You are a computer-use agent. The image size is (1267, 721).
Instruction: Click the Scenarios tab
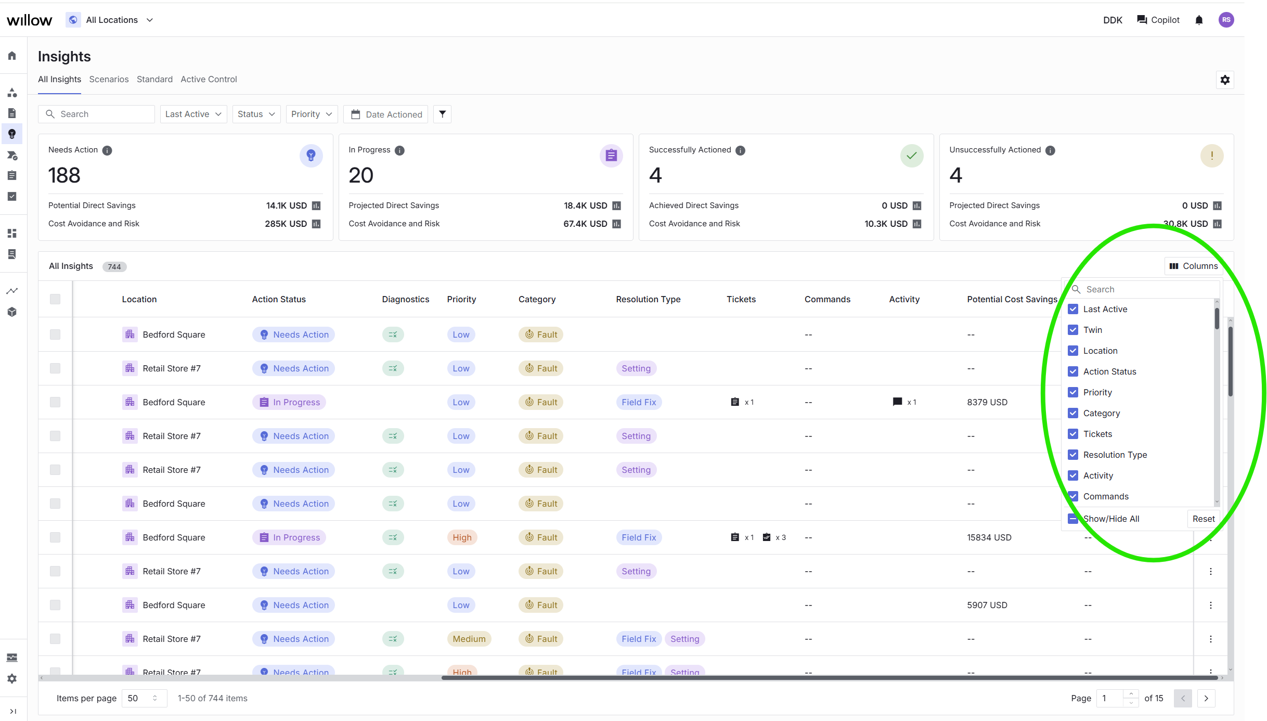pyautogui.click(x=109, y=79)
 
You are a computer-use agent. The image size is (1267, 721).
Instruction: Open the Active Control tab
pyautogui.click(x=209, y=79)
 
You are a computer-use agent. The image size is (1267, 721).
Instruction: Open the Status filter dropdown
pyautogui.click(x=256, y=114)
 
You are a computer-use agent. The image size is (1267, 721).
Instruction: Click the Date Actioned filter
pyautogui.click(x=386, y=114)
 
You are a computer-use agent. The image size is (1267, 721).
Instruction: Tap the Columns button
pyautogui.click(x=1194, y=266)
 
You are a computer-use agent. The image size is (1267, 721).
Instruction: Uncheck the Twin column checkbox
pyautogui.click(x=1073, y=330)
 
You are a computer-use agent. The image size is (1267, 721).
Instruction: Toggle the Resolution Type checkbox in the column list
pyautogui.click(x=1073, y=455)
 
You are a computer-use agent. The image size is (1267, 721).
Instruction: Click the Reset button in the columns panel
pyautogui.click(x=1204, y=519)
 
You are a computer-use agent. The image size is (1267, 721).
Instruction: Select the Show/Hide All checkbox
pyautogui.click(x=1073, y=519)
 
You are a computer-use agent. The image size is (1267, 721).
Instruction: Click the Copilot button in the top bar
pyautogui.click(x=1158, y=20)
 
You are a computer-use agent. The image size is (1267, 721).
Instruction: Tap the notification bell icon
pyautogui.click(x=1199, y=20)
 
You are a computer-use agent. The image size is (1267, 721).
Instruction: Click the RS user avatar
pyautogui.click(x=1226, y=20)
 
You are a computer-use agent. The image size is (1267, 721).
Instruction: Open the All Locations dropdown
pyautogui.click(x=111, y=20)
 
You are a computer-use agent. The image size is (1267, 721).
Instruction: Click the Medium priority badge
pyautogui.click(x=469, y=639)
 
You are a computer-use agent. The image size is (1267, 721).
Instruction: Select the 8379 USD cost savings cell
pyautogui.click(x=987, y=402)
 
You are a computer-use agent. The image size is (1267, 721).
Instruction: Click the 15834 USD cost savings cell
pyautogui.click(x=989, y=537)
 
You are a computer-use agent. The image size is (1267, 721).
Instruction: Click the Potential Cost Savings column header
pyautogui.click(x=1012, y=299)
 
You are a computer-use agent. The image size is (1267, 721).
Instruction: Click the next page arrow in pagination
pyautogui.click(x=1206, y=698)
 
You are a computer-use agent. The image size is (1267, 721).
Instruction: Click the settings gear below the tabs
pyautogui.click(x=1225, y=80)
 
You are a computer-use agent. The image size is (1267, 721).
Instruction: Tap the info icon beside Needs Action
pyautogui.click(x=107, y=150)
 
